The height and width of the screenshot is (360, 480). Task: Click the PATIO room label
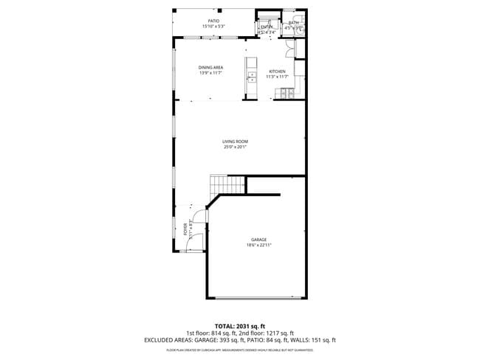coord(213,21)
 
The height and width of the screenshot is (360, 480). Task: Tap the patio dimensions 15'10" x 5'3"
coord(213,27)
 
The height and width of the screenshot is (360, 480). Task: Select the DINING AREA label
coord(210,68)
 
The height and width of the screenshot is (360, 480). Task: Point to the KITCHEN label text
coord(277,72)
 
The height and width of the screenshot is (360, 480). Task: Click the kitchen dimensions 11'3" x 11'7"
coord(277,77)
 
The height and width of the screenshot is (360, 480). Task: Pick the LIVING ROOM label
coord(236,142)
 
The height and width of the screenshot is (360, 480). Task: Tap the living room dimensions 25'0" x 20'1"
coord(236,147)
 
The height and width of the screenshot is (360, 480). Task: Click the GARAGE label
coord(258,240)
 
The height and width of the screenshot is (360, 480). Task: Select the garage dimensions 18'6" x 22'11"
coord(258,245)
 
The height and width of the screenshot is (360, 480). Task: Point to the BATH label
coord(294,23)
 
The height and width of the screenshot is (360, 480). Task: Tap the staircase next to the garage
coord(219,184)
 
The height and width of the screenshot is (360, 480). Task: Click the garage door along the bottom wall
coord(257,297)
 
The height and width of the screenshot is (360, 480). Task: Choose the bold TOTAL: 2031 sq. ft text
coord(239,325)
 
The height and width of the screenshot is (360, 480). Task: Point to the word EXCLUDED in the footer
coord(161,340)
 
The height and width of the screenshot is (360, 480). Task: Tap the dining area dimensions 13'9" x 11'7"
coord(210,73)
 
